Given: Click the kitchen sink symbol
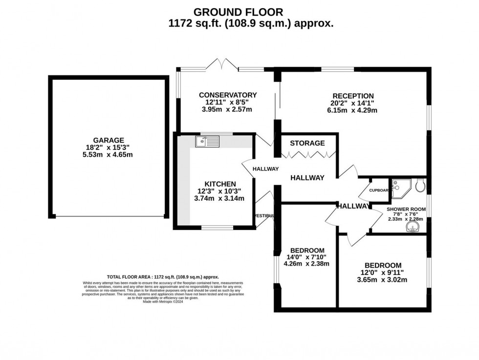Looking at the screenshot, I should coord(207,142).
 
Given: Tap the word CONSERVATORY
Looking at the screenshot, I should coord(228,95).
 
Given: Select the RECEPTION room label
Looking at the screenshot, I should coord(353,96).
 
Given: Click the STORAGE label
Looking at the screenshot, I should coord(307,143).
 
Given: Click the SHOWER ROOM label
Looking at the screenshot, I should coord(406,209).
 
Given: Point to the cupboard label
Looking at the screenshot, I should coord(379,191).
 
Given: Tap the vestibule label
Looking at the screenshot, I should coord(263,215).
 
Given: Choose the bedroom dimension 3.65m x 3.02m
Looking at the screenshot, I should coord(383,280).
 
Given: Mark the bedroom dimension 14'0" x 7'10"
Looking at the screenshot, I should coord(306,256).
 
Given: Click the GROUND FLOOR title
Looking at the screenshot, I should coord(238,12).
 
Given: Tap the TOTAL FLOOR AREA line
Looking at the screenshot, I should coord(163,276).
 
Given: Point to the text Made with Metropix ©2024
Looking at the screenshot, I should coord(163,301).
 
